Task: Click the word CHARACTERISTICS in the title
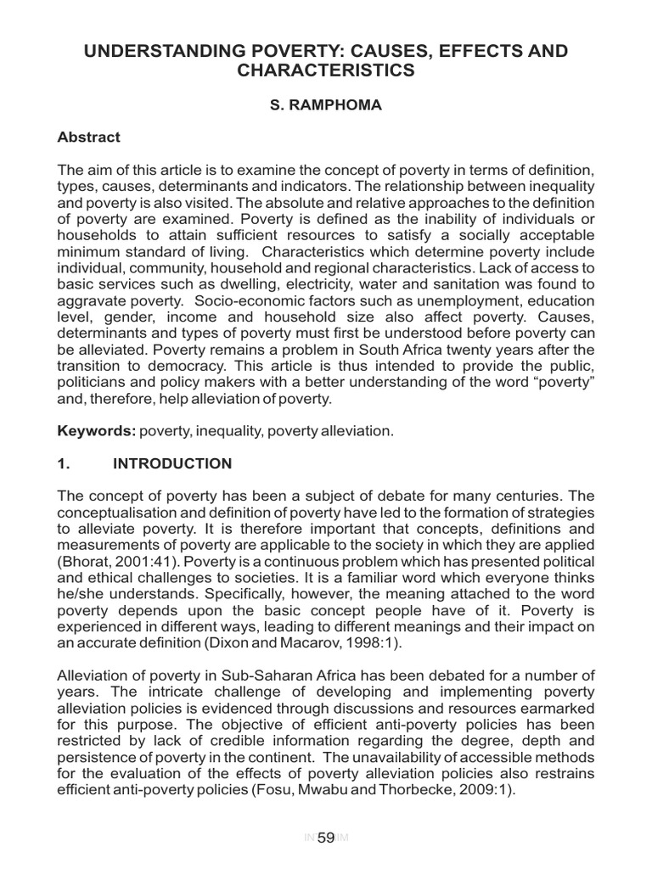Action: tap(325, 71)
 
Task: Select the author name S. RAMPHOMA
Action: tap(325, 105)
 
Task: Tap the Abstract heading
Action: tap(88, 137)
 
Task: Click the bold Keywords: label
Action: tap(96, 431)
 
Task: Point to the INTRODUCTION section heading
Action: tap(172, 463)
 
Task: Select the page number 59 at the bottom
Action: tap(325, 838)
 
